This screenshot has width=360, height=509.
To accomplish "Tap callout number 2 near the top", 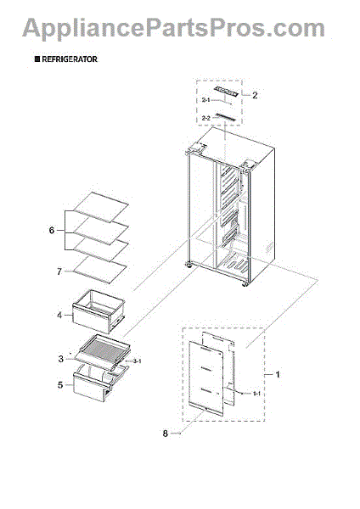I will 254,95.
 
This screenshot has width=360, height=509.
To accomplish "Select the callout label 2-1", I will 207,101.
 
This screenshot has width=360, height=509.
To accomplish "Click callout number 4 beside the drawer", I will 59,315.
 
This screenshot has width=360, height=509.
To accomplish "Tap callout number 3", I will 59,360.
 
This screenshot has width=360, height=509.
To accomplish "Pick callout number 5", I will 59,384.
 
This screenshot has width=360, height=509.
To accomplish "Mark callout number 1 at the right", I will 271,374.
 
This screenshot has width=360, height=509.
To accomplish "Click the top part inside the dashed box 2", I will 222,93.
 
